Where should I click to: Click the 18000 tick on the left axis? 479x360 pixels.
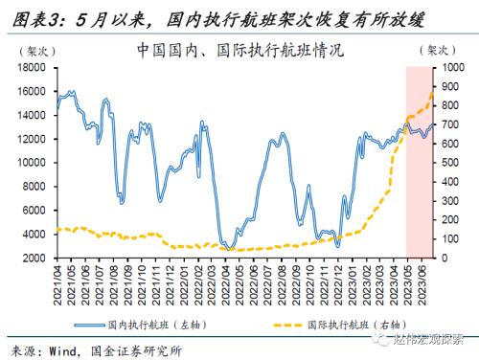(33, 68)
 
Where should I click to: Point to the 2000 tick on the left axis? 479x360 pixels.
(35, 258)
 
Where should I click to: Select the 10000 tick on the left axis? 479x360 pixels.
(33, 163)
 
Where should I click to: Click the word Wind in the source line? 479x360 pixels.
(69, 349)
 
